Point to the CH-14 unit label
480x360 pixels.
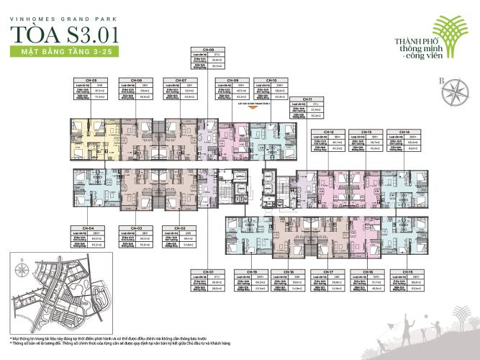[x=401, y=132]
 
